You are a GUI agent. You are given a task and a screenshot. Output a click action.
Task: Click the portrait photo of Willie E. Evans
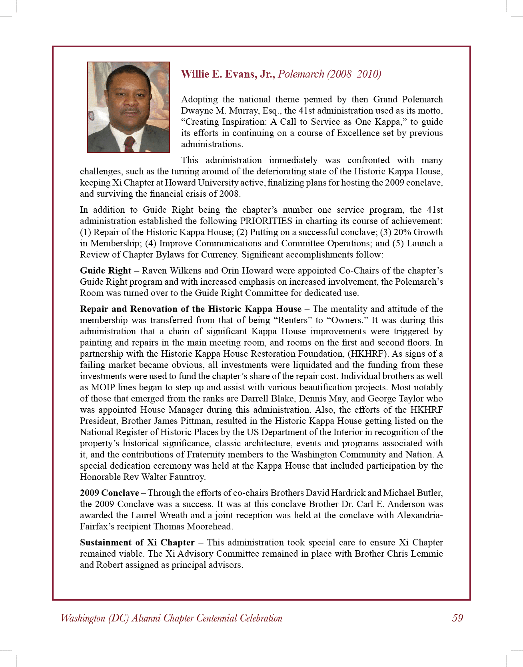[128, 107]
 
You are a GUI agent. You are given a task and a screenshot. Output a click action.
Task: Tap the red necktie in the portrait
[129, 144]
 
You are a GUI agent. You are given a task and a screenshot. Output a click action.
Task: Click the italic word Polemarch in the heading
[301, 74]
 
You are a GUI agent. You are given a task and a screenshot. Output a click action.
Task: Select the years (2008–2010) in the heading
[354, 74]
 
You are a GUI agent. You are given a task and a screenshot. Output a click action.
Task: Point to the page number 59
[457, 618]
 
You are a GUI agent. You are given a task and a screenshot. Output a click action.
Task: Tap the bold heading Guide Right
[106, 271]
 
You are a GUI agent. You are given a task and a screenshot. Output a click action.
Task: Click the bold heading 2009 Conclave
[109, 493]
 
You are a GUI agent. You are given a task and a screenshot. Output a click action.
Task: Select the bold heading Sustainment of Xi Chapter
[137, 543]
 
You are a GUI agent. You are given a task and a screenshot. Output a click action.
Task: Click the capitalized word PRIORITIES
[266, 221]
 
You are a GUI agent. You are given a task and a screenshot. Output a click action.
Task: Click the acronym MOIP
[103, 387]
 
